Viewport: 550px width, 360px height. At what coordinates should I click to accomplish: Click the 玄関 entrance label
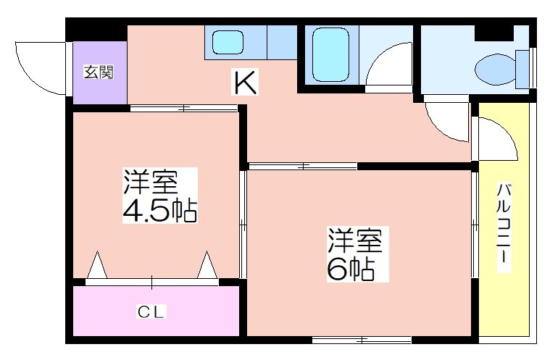pos(99,72)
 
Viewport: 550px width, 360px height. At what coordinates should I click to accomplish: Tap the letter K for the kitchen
pos(246,82)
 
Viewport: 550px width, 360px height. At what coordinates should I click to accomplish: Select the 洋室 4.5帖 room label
pos(160,196)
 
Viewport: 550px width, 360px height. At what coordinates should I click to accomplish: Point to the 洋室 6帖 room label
pos(354,254)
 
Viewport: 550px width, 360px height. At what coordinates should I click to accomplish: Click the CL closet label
pos(151,311)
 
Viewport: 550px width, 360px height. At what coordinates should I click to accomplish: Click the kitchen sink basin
pos(228,42)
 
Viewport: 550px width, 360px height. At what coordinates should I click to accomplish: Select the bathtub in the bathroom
pos(330,54)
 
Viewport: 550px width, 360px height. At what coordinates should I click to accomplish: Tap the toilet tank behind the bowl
pos(522,69)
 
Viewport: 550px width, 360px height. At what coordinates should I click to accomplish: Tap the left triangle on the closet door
pos(97,265)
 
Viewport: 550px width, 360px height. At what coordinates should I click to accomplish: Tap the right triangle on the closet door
pos(207,265)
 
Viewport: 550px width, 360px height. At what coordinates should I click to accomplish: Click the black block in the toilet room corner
pos(494,33)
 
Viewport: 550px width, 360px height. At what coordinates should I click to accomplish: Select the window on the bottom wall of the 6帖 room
pos(362,339)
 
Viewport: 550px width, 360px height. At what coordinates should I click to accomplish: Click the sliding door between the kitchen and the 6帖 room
pos(303,166)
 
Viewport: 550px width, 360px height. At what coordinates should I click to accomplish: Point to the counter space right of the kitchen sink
pos(282,42)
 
